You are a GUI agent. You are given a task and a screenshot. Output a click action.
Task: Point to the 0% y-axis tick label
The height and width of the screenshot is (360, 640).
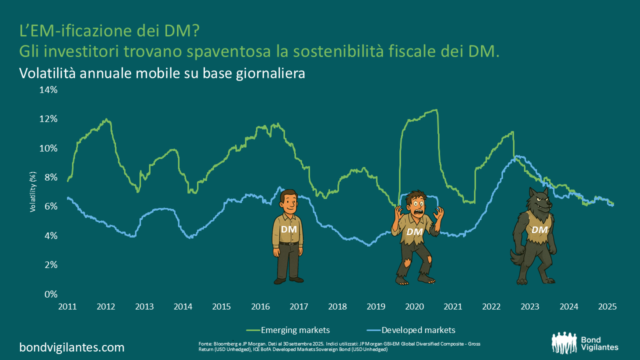(51, 294)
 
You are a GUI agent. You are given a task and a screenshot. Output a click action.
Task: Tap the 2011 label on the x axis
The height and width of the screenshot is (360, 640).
(67, 306)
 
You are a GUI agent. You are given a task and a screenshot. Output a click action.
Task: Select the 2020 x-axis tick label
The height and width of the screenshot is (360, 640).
(414, 306)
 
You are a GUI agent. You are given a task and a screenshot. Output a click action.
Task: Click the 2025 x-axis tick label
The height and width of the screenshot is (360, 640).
(607, 306)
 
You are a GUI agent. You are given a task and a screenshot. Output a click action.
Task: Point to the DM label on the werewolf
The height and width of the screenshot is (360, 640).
(539, 229)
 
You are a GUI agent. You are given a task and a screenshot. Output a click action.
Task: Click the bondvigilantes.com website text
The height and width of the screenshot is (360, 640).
(72, 347)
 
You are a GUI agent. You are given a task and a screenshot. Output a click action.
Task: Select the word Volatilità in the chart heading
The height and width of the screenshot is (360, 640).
(47, 73)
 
